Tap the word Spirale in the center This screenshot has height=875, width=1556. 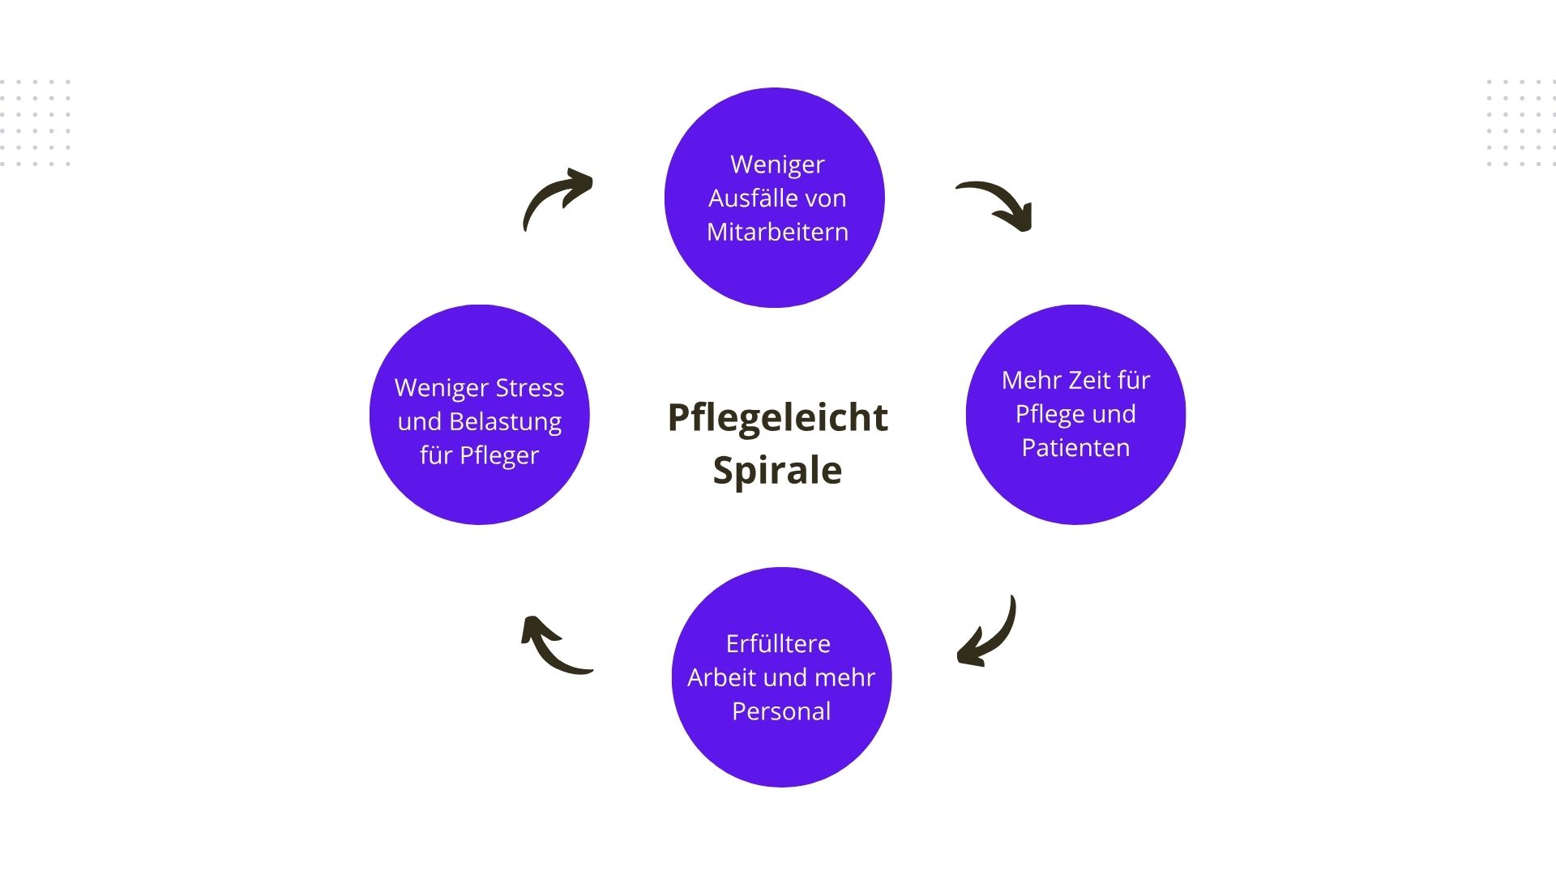(777, 471)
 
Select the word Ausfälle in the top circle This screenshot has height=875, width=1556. (744, 198)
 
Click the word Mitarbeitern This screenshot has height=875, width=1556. (777, 233)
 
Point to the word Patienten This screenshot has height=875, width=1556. (1075, 448)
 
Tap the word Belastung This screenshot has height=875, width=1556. (505, 422)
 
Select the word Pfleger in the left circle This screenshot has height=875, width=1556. (498, 456)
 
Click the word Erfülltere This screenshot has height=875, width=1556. (778, 644)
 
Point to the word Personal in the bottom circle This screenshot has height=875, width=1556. (781, 711)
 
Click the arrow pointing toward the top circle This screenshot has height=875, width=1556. (557, 198)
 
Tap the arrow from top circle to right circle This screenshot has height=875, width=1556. (996, 204)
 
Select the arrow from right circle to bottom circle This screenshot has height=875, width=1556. (988, 634)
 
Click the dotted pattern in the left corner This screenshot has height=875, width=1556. (36, 122)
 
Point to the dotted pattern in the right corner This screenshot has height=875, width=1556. (1520, 122)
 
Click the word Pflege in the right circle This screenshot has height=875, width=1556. (1051, 414)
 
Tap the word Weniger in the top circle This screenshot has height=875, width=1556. (777, 164)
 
